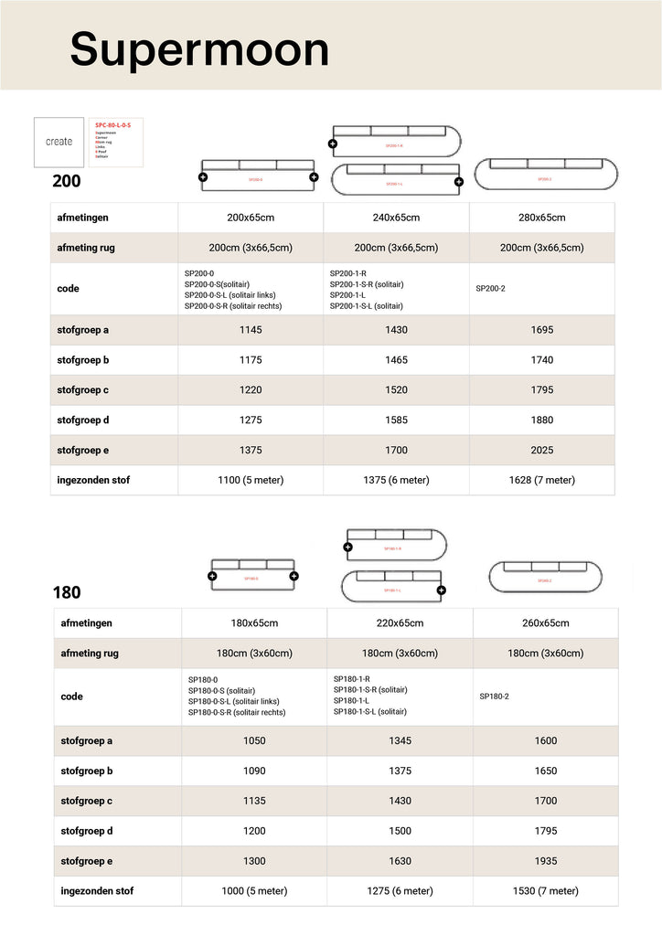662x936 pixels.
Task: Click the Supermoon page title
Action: click(199, 48)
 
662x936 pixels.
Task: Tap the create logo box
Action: click(59, 143)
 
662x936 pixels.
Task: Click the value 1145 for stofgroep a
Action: click(251, 330)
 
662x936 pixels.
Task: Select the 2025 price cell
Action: click(542, 450)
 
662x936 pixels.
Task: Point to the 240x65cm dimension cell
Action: click(396, 218)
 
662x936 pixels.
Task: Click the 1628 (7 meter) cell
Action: click(542, 480)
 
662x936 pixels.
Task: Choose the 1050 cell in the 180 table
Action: click(254, 740)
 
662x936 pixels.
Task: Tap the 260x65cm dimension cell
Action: click(546, 623)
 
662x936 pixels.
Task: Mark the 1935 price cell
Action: click(546, 861)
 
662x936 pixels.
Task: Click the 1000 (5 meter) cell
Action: click(254, 891)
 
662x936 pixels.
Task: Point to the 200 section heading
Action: click(67, 181)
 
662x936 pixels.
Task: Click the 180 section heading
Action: click(67, 592)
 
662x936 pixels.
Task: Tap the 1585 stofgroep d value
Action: click(396, 420)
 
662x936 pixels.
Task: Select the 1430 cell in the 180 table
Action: click(400, 801)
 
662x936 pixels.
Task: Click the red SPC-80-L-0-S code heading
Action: click(113, 124)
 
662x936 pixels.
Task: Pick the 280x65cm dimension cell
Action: click(542, 218)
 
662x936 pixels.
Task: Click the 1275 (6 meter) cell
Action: click(400, 891)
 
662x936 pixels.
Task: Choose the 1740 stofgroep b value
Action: click(542, 360)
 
